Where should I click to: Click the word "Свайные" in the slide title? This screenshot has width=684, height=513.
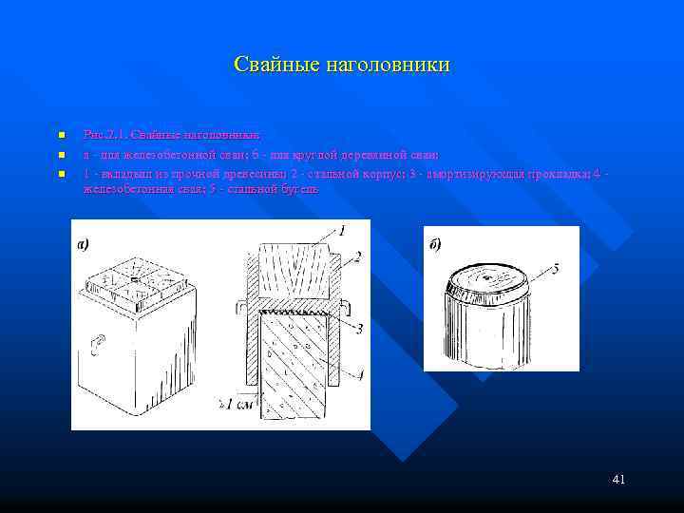coord(276,66)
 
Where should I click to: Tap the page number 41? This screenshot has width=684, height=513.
coord(618,480)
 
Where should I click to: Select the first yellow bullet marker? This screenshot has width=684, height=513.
coord(59,135)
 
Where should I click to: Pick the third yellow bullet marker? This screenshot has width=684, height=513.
coord(59,174)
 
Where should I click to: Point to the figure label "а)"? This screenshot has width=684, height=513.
coord(83,244)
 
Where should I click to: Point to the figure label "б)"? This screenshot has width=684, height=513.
coord(435,244)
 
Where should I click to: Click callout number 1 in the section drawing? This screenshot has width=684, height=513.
coord(341,229)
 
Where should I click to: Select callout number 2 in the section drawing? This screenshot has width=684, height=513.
coord(359,255)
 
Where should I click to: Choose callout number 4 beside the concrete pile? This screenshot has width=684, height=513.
coord(359,373)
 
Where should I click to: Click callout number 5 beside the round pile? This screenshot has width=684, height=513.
coord(555,269)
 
